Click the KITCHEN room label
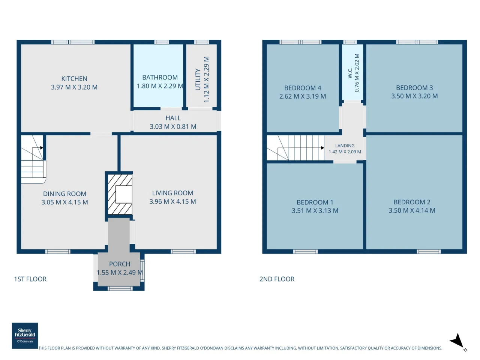tap(74, 78)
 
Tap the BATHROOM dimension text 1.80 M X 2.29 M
tap(160, 86)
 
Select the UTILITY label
tap(198, 79)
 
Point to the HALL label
tap(173, 118)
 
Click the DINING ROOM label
tap(65, 193)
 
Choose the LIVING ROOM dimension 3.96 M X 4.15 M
tap(172, 201)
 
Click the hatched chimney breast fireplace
tap(120, 194)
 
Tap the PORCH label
tap(120, 264)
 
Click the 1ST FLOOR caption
tap(30, 279)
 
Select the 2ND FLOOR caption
tap(277, 279)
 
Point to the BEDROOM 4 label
tap(303, 88)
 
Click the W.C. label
tap(350, 73)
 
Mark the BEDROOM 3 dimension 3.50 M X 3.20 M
tap(414, 96)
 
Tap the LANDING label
tap(345, 145)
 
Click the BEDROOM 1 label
tap(315, 202)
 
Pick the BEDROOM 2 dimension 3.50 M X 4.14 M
tap(412, 210)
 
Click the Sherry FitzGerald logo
tap(25, 336)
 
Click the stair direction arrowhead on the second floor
tap(322, 148)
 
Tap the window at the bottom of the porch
tap(120, 289)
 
